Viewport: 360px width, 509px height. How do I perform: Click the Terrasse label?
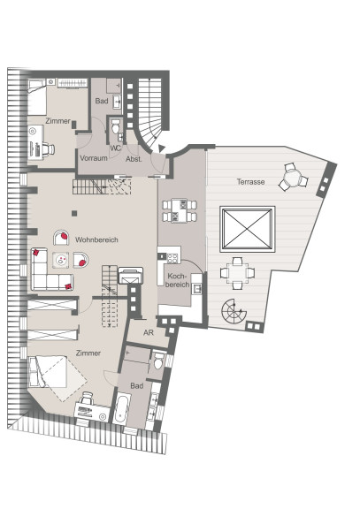pyautogui.click(x=250, y=182)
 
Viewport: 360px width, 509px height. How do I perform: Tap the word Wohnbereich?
pyautogui.click(x=96, y=239)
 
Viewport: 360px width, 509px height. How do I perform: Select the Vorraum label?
pyautogui.click(x=94, y=158)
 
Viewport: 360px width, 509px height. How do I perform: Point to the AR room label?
pyautogui.click(x=149, y=333)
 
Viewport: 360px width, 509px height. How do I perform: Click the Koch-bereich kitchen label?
pyautogui.click(x=177, y=280)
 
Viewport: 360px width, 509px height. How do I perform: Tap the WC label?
pyautogui.click(x=115, y=148)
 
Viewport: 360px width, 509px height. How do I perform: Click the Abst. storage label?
pyautogui.click(x=134, y=159)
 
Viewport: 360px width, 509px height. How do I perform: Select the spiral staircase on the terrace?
pyautogui.click(x=233, y=311)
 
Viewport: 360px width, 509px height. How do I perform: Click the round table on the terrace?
pyautogui.click(x=293, y=178)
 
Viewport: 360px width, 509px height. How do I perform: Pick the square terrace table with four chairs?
pyautogui.click(x=237, y=273)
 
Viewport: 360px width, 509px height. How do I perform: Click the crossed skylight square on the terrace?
pyautogui.click(x=248, y=229)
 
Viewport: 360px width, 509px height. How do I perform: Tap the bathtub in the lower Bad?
pyautogui.click(x=122, y=408)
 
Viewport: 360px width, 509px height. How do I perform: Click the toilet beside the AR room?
pyautogui.click(x=158, y=361)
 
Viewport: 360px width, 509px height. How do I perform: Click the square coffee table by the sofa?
pyautogui.click(x=61, y=260)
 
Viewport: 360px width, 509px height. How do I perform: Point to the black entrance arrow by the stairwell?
pyautogui.click(x=162, y=148)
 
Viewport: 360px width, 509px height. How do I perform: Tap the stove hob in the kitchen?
pyautogui.click(x=172, y=258)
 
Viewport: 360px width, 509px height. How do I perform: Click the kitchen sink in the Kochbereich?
pyautogui.click(x=196, y=288)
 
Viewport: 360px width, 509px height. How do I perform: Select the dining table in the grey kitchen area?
pyautogui.click(x=180, y=211)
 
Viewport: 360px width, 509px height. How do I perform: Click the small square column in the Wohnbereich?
pyautogui.click(x=74, y=213)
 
